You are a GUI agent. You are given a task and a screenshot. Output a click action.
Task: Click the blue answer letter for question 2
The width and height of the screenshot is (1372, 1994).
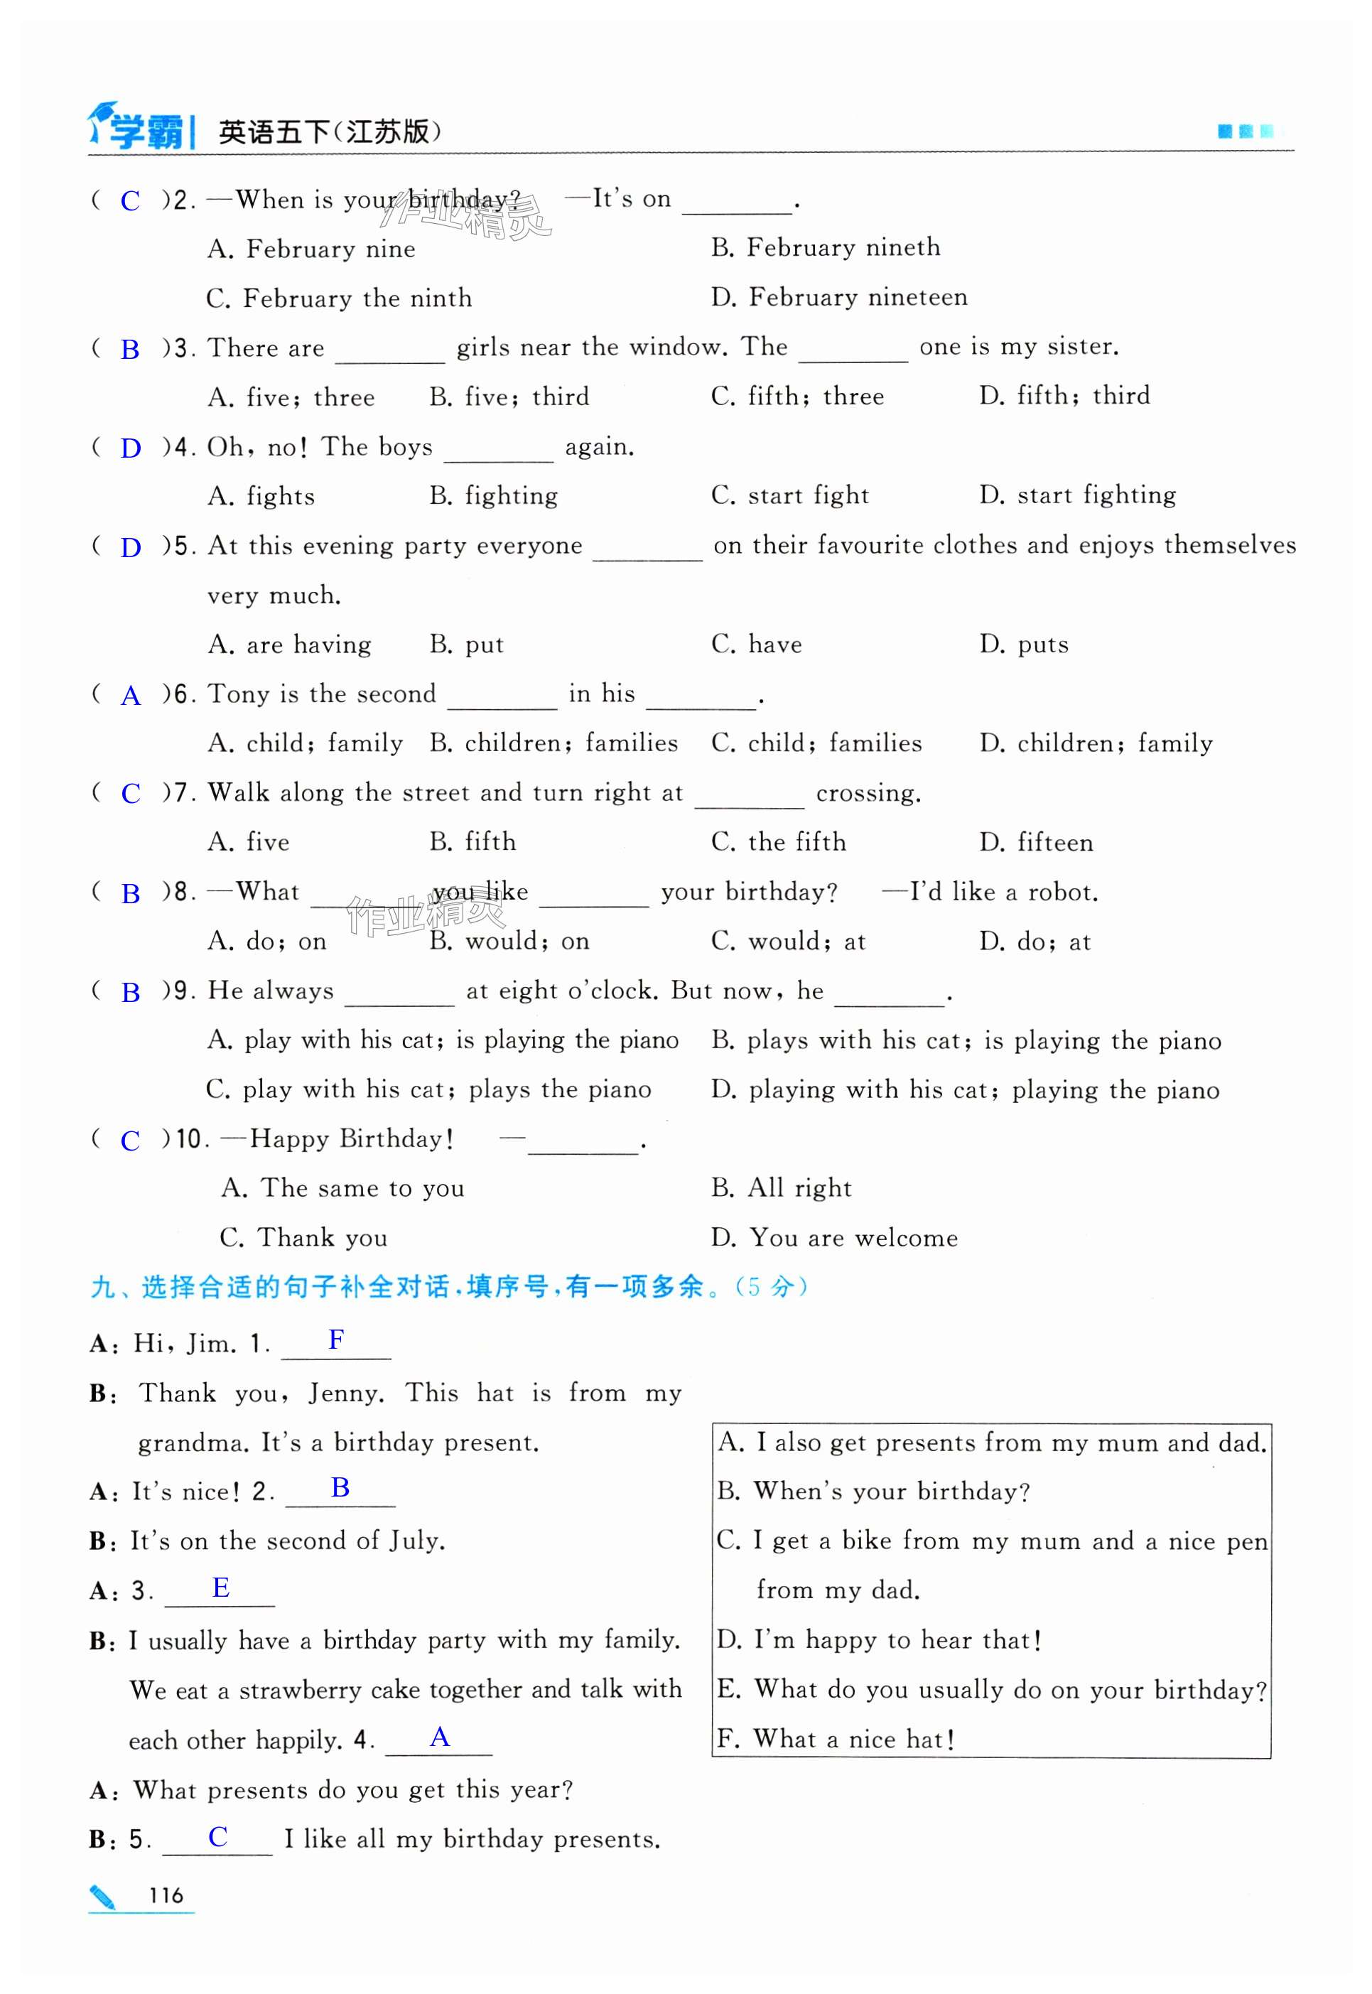(130, 200)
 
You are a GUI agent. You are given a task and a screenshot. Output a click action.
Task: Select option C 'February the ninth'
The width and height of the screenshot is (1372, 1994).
(340, 298)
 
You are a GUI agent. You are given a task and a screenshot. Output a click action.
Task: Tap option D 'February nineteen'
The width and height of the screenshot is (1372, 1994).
(839, 298)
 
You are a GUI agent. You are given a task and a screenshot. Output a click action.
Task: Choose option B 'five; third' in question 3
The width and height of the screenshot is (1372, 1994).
(509, 397)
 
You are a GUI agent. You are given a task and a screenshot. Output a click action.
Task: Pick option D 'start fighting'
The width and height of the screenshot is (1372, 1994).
(1077, 495)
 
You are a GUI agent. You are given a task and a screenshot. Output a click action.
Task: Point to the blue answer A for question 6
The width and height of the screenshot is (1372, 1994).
(131, 696)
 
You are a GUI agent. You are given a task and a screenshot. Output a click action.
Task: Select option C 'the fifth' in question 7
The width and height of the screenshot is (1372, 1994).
(778, 842)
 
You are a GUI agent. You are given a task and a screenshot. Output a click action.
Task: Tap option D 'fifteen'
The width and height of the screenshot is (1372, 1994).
(1036, 843)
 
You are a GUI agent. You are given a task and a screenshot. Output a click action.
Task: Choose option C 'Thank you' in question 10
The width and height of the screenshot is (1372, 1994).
(303, 1238)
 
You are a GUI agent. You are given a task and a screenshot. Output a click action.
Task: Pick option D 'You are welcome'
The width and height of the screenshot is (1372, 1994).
(834, 1238)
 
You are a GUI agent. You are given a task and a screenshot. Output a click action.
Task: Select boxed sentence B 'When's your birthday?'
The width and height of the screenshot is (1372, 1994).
(873, 1491)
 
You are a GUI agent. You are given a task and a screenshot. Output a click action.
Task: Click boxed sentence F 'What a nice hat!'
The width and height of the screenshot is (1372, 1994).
(836, 1740)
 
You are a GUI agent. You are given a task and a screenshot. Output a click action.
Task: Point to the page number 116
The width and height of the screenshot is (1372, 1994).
(166, 1896)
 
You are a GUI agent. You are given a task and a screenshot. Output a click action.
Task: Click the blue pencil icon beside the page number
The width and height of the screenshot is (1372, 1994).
(102, 1896)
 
